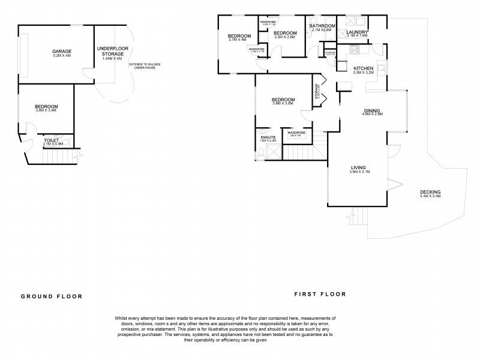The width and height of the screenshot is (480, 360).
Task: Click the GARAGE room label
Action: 61,52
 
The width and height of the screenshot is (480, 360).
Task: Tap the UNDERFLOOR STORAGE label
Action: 112,50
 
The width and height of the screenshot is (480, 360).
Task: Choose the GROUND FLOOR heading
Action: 52,296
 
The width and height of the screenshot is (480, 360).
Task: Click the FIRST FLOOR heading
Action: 320,294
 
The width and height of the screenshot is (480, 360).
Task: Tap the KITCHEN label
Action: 364,69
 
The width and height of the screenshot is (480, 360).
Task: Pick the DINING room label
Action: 373,110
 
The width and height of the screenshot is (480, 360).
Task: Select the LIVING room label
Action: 359,167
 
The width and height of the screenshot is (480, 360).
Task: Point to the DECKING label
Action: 430,192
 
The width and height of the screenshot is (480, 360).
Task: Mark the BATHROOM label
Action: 322,26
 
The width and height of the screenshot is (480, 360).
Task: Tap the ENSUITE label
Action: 268,137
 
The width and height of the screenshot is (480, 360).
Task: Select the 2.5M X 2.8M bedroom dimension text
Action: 285,37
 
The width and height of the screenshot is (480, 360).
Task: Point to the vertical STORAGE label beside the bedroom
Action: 317,92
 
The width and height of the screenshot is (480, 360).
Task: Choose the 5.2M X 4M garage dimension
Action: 61,56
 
